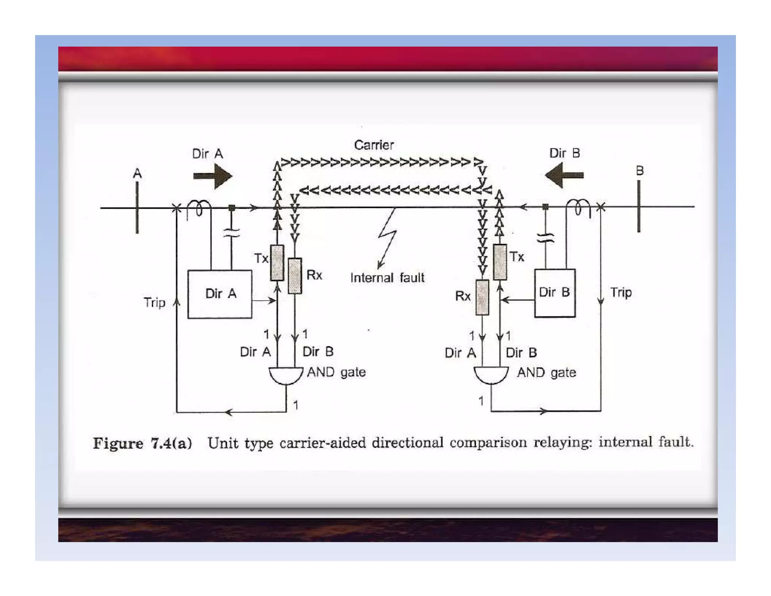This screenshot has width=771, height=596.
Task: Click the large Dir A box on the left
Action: [219, 294]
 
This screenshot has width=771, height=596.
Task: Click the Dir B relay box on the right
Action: [555, 293]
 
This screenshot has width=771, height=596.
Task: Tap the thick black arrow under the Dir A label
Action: [213, 176]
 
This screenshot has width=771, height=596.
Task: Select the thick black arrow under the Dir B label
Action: [564, 175]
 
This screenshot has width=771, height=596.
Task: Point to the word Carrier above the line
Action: [373, 145]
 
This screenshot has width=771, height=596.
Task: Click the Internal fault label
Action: [387, 278]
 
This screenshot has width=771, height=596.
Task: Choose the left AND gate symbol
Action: [286, 376]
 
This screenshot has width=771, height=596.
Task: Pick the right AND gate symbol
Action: [491, 375]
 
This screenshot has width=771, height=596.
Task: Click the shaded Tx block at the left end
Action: [277, 263]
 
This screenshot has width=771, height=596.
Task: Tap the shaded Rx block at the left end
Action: [295, 276]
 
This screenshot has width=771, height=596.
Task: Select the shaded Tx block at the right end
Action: [500, 262]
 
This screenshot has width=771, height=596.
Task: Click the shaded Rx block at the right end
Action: [482, 297]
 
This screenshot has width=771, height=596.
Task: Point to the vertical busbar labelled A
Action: [137, 207]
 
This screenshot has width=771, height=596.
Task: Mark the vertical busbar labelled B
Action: [639, 206]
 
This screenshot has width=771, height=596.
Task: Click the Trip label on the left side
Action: [154, 303]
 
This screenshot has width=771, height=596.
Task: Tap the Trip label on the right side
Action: [621, 292]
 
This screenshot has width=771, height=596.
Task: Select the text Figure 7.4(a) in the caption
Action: [142, 443]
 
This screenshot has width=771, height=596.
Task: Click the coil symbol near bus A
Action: [199, 208]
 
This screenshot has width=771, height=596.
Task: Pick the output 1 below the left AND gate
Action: [296, 405]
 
